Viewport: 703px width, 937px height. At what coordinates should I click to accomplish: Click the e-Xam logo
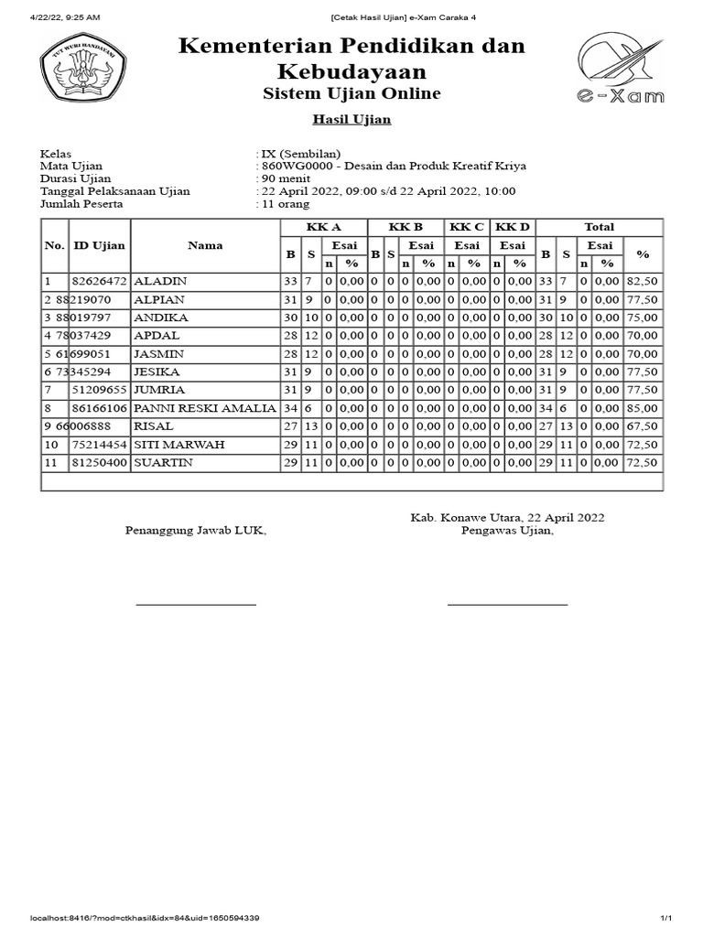pos(621,69)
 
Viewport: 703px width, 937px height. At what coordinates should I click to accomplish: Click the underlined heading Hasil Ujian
pos(351,120)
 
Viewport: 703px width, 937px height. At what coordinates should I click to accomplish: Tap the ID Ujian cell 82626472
pos(101,281)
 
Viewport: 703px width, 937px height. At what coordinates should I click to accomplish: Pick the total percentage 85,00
pos(642,408)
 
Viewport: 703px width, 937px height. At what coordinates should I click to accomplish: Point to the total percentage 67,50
pos(642,426)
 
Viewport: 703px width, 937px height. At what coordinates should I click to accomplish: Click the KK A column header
pos(323,227)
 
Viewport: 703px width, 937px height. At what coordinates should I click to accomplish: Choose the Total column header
pos(599,227)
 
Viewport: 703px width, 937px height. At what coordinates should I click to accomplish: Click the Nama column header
pos(205,245)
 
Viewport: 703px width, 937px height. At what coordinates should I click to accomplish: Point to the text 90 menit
pos(285,178)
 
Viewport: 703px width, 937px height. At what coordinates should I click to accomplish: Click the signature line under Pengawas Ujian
pos(507,605)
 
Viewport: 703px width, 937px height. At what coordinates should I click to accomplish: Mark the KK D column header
pos(512,227)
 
